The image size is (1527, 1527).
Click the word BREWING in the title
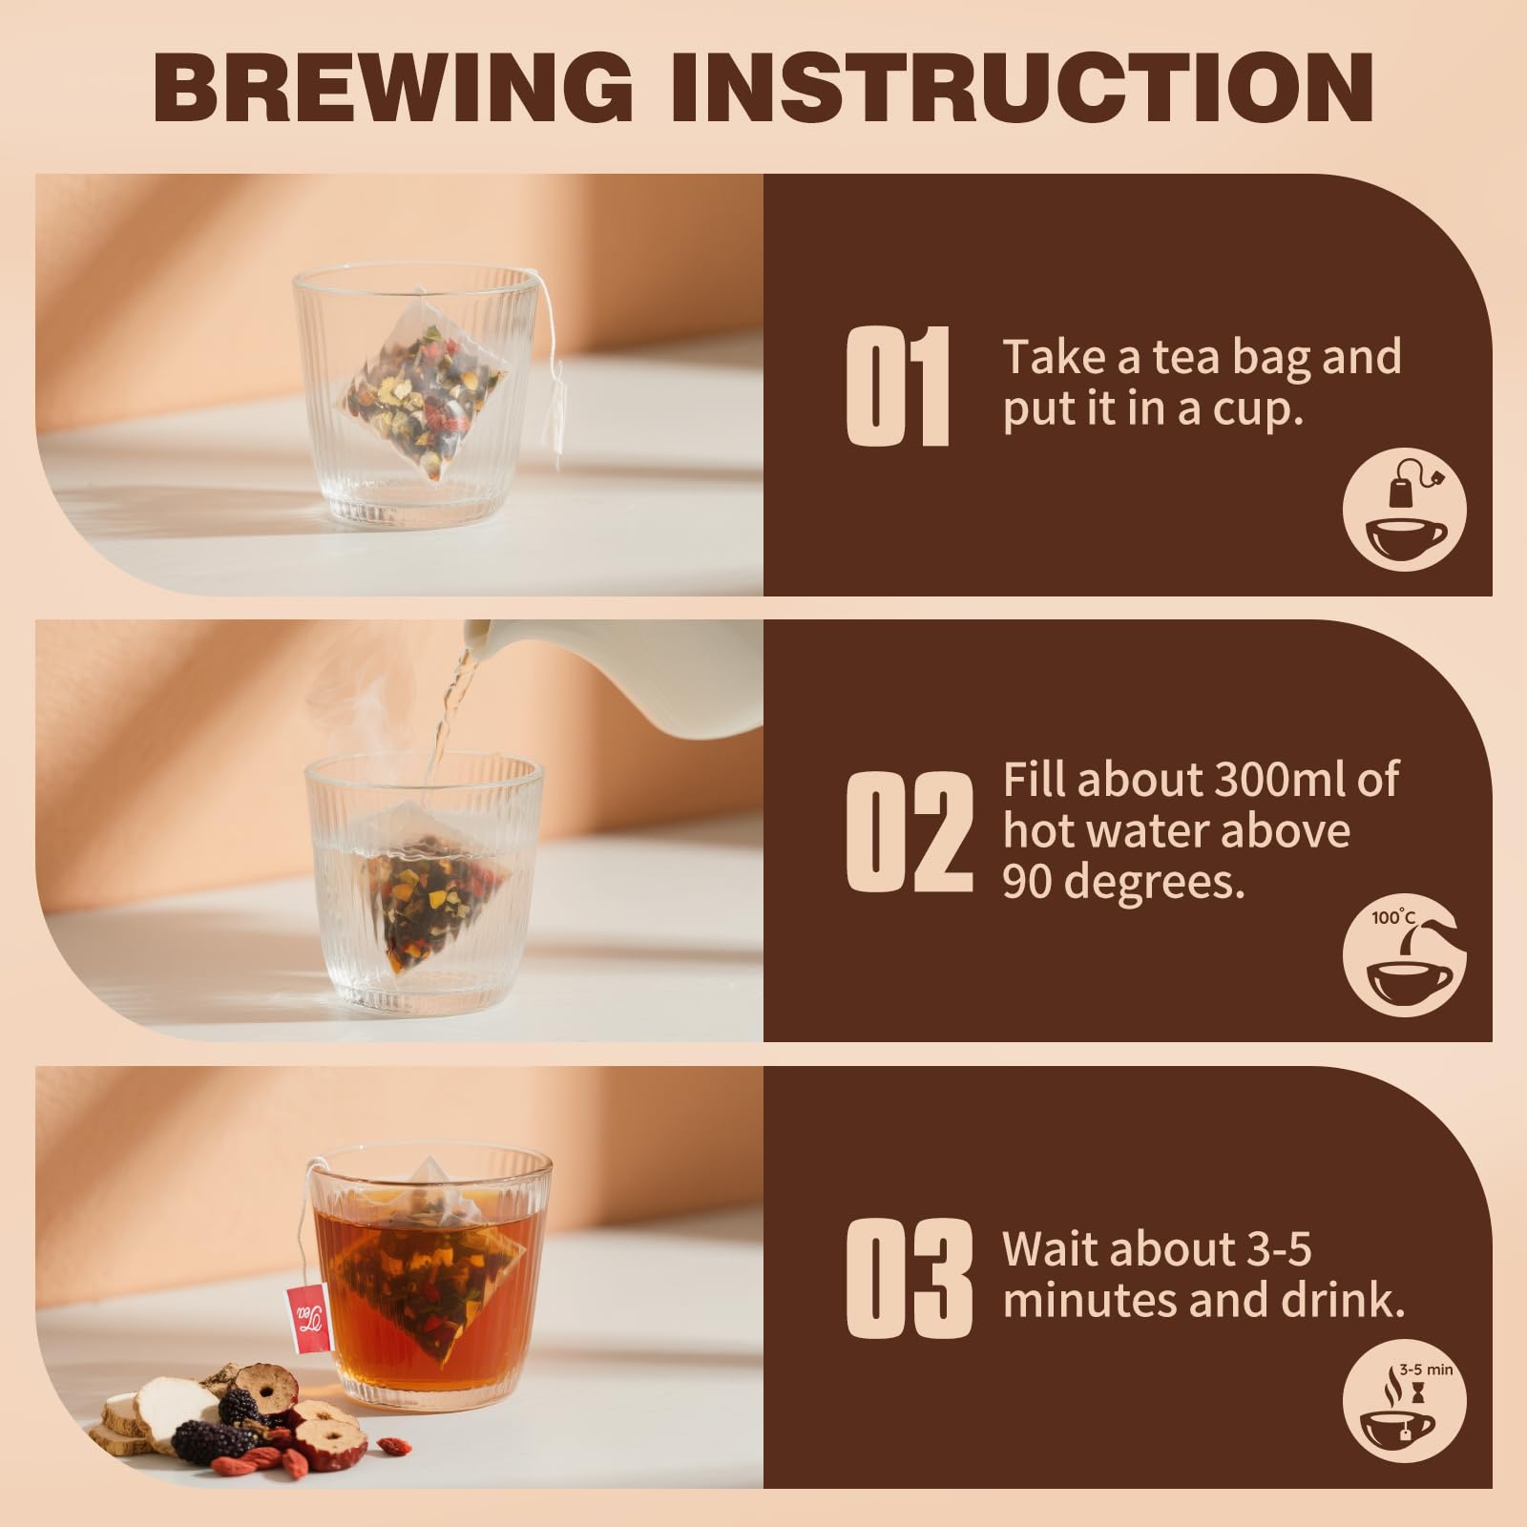click(393, 87)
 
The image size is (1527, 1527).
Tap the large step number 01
click(899, 387)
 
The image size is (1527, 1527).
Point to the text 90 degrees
click(1124, 883)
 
